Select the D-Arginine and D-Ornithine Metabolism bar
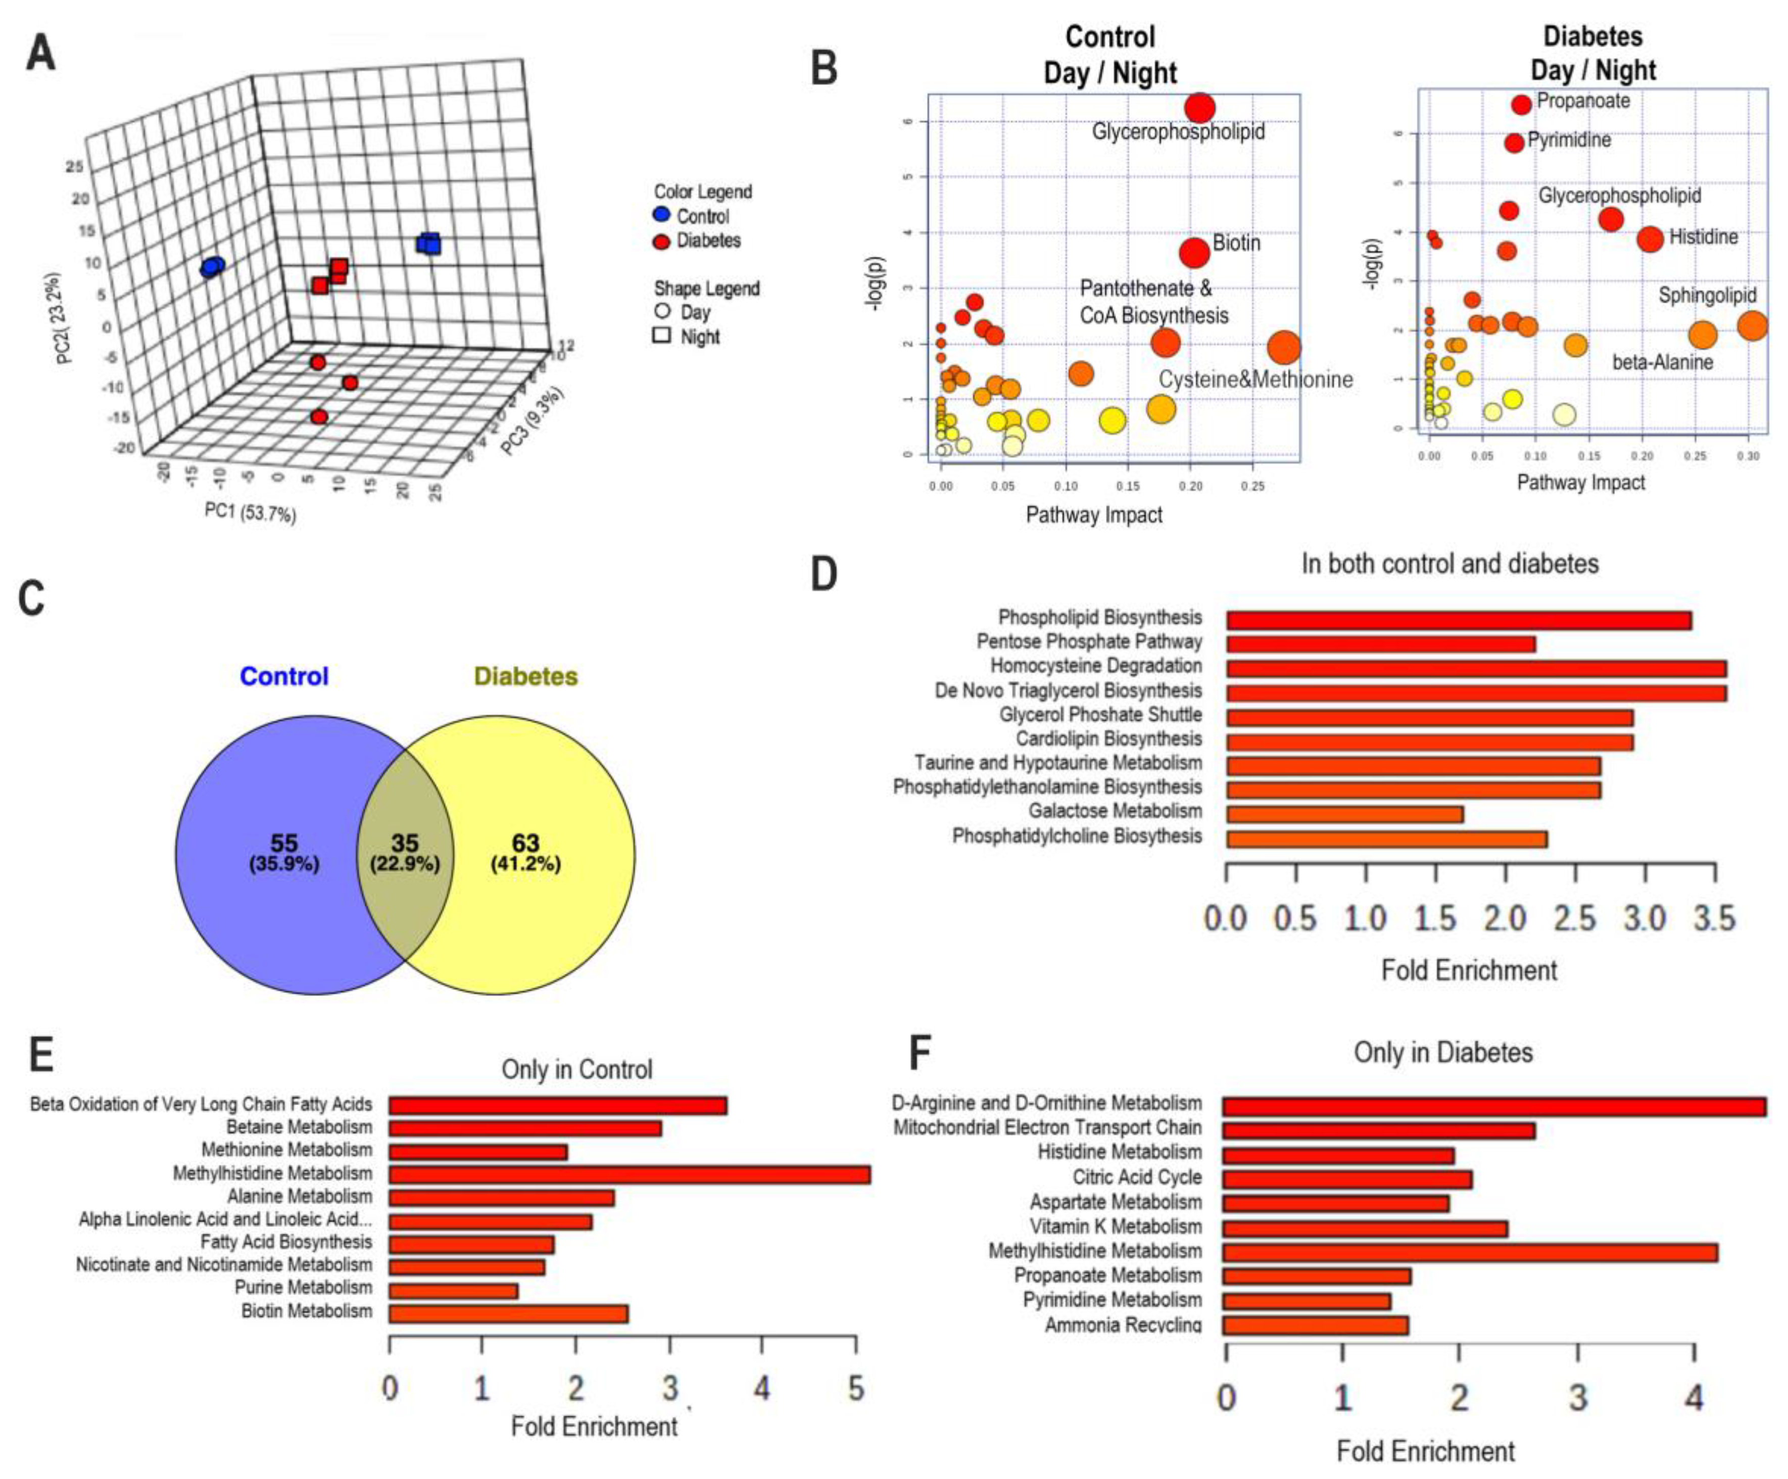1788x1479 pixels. tap(1494, 1106)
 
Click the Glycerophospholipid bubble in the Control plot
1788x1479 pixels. tap(1200, 108)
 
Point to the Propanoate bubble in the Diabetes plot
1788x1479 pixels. tap(1522, 104)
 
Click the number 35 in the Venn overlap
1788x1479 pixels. tap(404, 843)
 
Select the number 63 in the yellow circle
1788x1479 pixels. tap(525, 843)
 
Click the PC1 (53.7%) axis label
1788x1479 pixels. tap(250, 512)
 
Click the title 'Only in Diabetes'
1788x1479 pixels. tap(1443, 1052)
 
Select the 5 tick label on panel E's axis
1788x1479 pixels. tap(856, 1389)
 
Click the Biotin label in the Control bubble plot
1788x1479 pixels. tap(1236, 243)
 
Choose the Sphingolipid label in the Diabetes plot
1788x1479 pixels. tap(1707, 295)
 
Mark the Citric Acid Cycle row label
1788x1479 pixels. tap(1137, 1177)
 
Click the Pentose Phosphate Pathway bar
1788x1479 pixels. tap(1380, 644)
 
